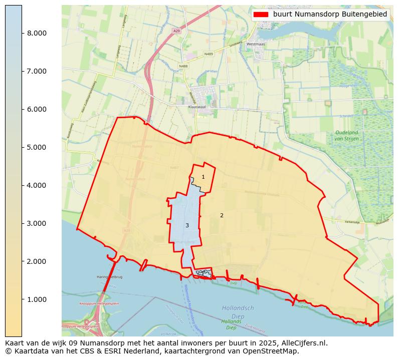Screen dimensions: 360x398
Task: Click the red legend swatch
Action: (x=261, y=15)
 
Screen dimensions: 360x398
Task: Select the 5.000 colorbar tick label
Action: (x=36, y=147)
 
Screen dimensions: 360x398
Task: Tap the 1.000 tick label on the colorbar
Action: (x=36, y=299)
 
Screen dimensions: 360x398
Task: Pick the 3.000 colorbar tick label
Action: (x=36, y=223)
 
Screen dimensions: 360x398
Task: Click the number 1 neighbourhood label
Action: (x=203, y=177)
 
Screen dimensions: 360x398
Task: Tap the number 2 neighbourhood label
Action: (x=222, y=215)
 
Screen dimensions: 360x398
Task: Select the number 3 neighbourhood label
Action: (x=187, y=225)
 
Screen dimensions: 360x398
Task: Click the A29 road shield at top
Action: (x=176, y=31)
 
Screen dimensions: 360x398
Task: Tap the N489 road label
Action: (x=209, y=54)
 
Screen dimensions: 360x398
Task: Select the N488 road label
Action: (x=183, y=66)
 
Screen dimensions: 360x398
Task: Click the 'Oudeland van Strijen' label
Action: (x=346, y=135)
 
